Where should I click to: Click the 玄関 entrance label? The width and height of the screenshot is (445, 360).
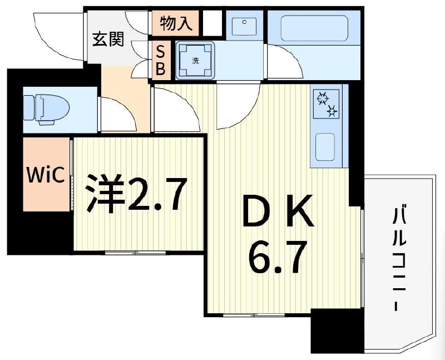108,41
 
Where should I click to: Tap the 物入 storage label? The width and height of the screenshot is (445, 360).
176,23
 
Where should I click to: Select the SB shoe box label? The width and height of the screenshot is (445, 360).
160,60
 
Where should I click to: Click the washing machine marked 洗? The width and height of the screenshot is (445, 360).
195,60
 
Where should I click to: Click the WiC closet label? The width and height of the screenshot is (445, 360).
47,175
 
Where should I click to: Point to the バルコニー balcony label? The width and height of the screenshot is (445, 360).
399,259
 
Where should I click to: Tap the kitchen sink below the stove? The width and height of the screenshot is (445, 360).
325,146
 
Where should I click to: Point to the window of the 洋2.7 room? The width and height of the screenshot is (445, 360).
135,253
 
